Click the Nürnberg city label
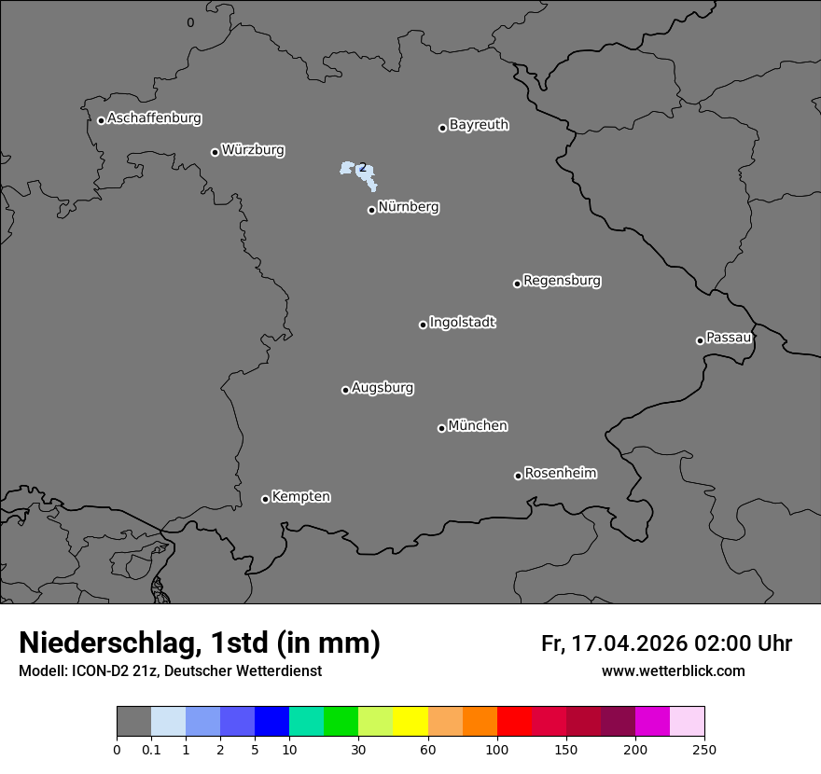click(409, 207)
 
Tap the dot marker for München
click(441, 428)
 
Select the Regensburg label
click(562, 281)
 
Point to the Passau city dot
click(700, 340)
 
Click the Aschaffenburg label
click(154, 118)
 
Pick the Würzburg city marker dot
click(215, 152)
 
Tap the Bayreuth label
click(479, 125)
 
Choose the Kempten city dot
click(265, 499)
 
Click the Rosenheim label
click(560, 473)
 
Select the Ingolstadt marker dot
click(423, 325)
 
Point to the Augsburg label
click(383, 388)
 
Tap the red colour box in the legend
click(514, 722)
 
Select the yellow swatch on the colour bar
click(410, 722)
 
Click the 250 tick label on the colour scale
click(704, 749)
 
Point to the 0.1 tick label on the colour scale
click(151, 749)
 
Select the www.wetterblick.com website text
click(674, 670)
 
